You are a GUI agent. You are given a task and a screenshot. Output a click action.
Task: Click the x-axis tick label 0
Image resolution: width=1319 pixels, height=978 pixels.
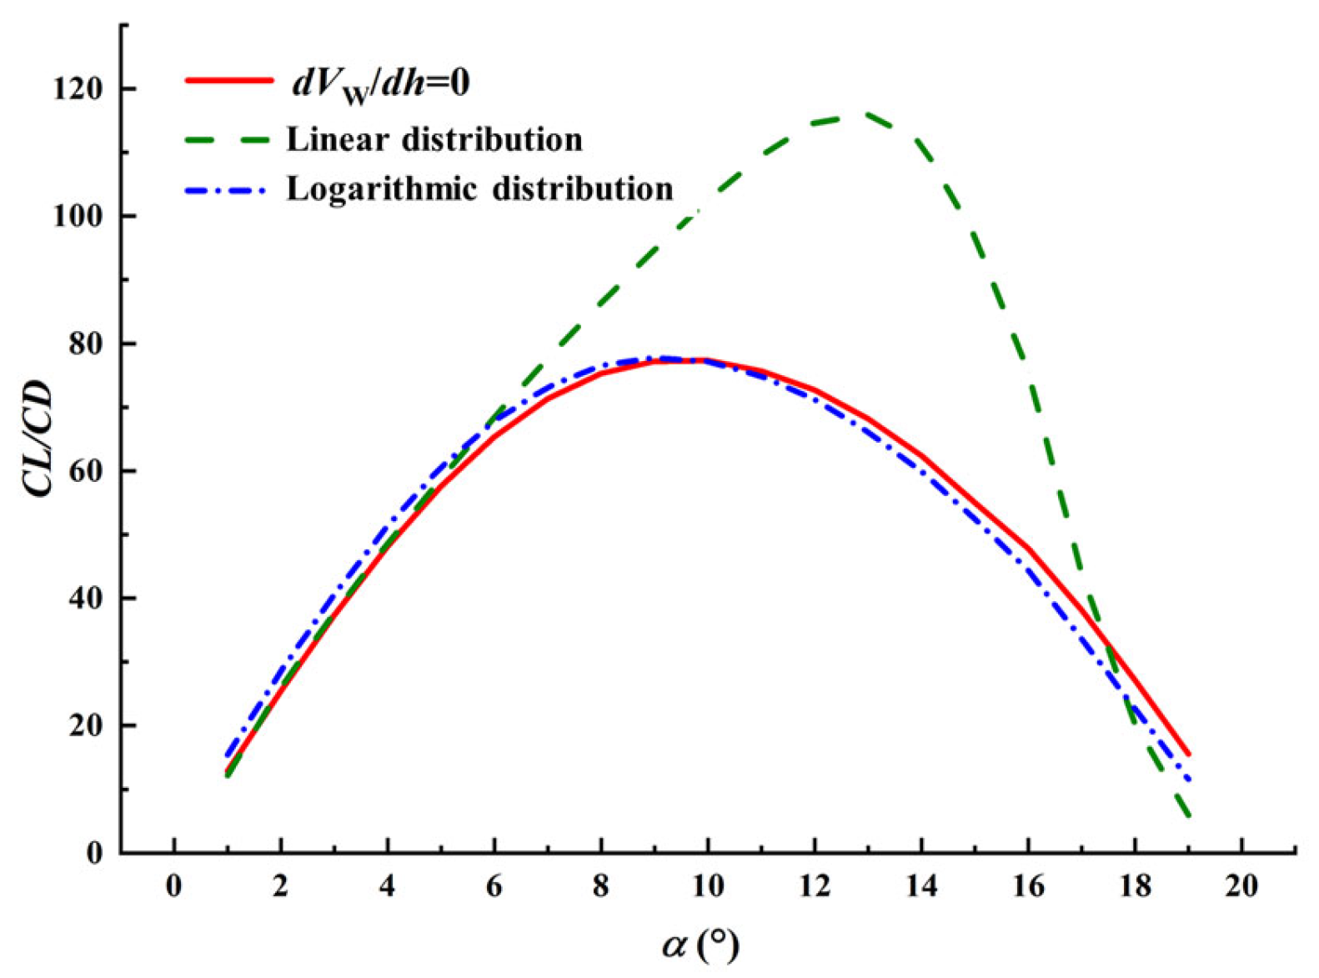[173, 885]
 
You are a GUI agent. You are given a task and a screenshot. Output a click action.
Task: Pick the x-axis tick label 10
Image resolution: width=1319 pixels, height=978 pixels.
[708, 885]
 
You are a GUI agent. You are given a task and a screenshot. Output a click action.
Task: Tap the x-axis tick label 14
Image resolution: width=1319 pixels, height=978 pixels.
[921, 885]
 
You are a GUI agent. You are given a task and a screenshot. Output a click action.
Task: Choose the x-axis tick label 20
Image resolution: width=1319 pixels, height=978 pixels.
[1241, 885]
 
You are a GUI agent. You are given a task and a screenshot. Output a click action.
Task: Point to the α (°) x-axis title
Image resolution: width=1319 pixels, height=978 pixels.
[700, 944]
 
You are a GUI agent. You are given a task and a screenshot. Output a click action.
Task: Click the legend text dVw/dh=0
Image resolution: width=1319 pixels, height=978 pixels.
[379, 84]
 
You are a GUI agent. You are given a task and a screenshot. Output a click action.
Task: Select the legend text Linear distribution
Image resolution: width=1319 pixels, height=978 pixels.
[434, 139]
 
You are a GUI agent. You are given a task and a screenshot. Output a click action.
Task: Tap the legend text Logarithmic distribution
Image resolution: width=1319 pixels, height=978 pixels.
[480, 188]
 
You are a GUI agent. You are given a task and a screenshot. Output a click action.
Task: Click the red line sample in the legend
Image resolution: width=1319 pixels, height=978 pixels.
[228, 81]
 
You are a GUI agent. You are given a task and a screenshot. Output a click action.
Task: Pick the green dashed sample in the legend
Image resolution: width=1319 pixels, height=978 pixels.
[228, 139]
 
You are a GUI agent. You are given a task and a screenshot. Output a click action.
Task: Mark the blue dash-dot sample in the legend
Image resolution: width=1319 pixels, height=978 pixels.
[228, 189]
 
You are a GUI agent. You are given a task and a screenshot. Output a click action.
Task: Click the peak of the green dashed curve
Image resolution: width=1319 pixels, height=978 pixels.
[863, 114]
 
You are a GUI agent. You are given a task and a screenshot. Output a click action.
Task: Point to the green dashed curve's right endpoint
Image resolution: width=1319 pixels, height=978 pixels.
[1188, 815]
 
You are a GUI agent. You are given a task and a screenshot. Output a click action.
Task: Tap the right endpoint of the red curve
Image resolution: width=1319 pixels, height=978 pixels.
[1188, 754]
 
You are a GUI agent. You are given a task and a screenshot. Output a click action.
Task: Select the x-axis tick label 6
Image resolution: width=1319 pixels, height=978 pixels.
[494, 885]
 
